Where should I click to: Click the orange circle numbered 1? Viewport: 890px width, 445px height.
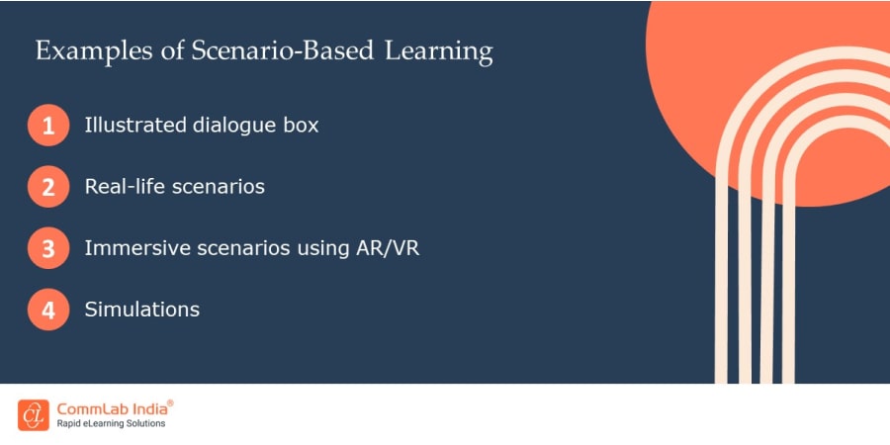pos(48,127)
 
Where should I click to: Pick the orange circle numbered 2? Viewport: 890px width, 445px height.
pos(48,187)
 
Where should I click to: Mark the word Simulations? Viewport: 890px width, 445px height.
pos(142,310)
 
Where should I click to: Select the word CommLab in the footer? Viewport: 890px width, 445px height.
pos(91,407)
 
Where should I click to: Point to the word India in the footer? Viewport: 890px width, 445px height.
pos(147,407)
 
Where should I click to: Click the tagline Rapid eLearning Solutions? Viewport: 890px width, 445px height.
pos(110,424)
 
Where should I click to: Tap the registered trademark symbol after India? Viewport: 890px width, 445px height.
pos(170,402)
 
